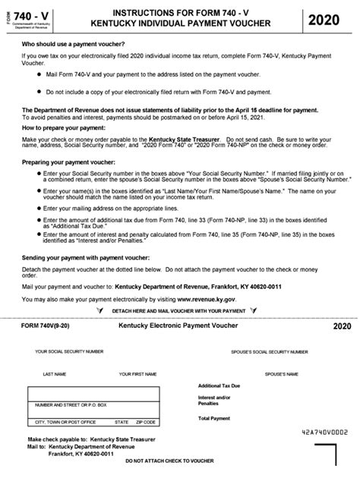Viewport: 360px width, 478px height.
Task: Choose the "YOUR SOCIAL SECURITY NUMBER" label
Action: tap(69, 352)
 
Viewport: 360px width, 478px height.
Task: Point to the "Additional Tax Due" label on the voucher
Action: tap(219, 385)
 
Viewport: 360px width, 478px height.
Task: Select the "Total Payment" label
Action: tap(213, 418)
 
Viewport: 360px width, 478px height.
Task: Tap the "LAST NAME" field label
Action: tap(54, 374)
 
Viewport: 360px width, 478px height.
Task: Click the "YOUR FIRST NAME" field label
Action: tap(137, 374)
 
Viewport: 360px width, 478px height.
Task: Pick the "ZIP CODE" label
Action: tap(145, 422)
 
